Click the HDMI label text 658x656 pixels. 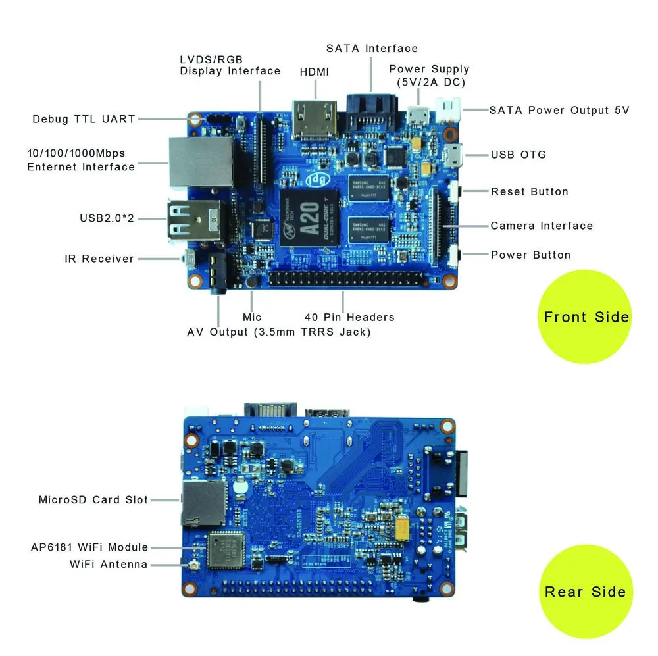pyautogui.click(x=314, y=72)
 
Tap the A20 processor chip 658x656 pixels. pyautogui.click(x=309, y=218)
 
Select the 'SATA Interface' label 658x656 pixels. pyautogui.click(x=372, y=49)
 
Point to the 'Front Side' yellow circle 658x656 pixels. pyautogui.click(x=586, y=317)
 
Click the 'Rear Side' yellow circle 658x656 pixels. pyautogui.click(x=585, y=591)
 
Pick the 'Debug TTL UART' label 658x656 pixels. pyautogui.click(x=84, y=119)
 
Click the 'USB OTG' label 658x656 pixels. pyautogui.click(x=518, y=155)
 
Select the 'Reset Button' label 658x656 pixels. pyautogui.click(x=529, y=191)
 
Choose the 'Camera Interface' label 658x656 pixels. pyautogui.click(x=542, y=226)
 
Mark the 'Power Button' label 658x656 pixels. pyautogui.click(x=530, y=255)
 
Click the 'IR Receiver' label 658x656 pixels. pyautogui.click(x=99, y=259)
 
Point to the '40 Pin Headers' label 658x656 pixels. pyautogui.click(x=349, y=317)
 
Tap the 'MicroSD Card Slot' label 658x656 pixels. pyautogui.click(x=93, y=500)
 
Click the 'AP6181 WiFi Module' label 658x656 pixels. pyautogui.click(x=89, y=547)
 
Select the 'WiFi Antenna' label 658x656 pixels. pyautogui.click(x=109, y=565)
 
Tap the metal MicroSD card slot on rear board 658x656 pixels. pyautogui.click(x=203, y=501)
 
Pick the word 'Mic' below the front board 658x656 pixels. pyautogui.click(x=252, y=317)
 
